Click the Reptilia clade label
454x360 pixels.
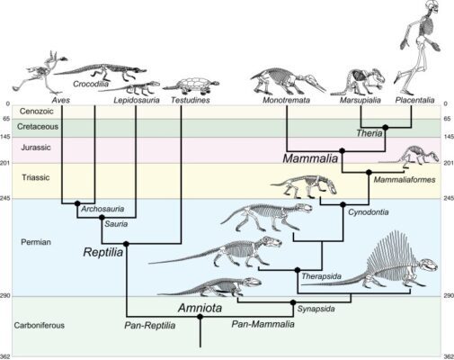(x=103, y=252)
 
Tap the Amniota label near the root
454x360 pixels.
(x=200, y=308)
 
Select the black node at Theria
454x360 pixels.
(x=386, y=127)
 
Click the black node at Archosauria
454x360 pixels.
(x=77, y=203)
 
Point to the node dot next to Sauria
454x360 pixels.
(x=102, y=217)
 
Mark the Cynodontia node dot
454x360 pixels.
(x=343, y=204)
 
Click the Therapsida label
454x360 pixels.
(x=321, y=276)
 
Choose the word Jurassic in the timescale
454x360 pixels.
(x=36, y=148)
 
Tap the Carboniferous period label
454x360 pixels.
(x=40, y=325)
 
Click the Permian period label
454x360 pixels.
(x=36, y=242)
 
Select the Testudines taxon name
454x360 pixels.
(x=191, y=100)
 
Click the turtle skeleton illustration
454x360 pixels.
(x=191, y=84)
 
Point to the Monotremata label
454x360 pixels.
(x=286, y=100)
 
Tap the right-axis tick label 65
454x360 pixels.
(x=447, y=119)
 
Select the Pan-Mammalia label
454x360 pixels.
(x=263, y=324)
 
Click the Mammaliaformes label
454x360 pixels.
(x=405, y=180)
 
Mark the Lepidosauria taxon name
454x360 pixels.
(x=137, y=100)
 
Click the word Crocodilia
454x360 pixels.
(x=91, y=84)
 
